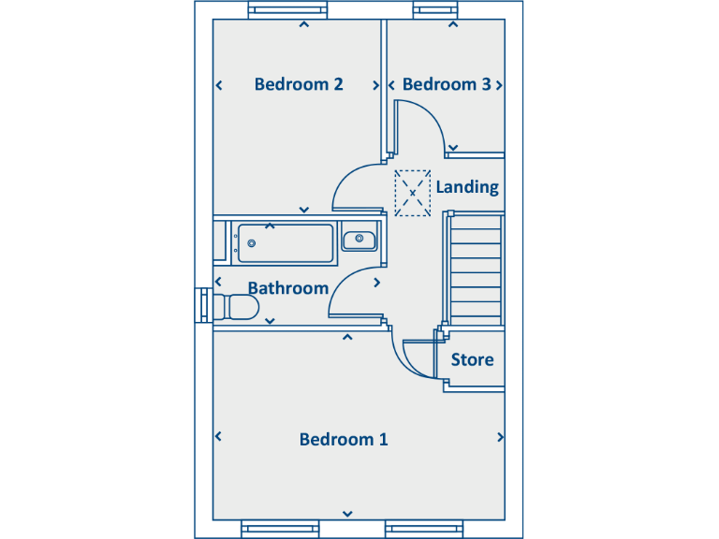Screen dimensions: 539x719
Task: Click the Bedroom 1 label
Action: click(343, 439)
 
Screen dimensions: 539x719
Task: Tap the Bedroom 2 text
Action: click(298, 84)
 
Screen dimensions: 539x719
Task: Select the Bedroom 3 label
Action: click(447, 84)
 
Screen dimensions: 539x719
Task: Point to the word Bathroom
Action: click(287, 288)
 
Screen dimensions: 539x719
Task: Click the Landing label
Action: click(467, 187)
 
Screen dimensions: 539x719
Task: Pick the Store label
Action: click(472, 359)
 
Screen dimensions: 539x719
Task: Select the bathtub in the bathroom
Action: click(285, 243)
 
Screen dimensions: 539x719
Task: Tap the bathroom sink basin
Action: click(359, 240)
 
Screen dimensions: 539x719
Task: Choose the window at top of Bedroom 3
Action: click(436, 11)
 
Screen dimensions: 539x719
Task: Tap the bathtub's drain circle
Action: click(251, 243)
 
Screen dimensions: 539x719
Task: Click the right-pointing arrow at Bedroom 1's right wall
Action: click(501, 437)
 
